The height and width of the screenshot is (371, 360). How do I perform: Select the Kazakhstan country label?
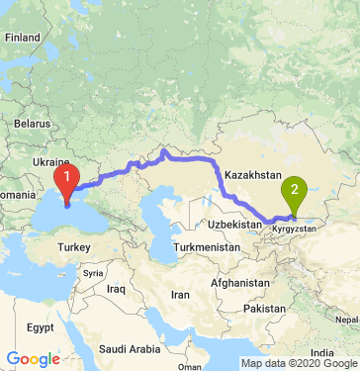(253, 175)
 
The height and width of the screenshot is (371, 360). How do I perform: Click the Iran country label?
(180, 295)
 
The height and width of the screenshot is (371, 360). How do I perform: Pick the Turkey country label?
(73, 245)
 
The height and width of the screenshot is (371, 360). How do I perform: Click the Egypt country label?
(40, 326)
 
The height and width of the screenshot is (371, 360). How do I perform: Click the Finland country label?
(21, 37)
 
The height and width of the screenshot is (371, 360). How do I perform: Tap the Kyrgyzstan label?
(294, 228)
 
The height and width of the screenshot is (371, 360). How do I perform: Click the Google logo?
(33, 359)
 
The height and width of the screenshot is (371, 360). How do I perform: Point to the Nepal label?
(346, 321)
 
